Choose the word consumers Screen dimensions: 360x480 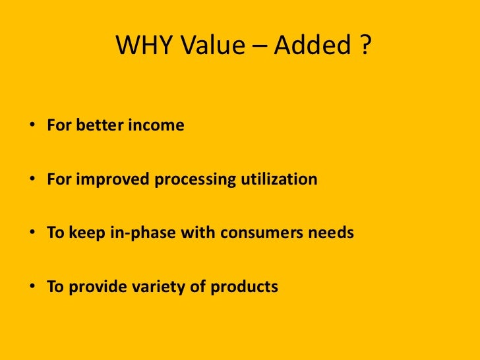(x=251, y=233)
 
